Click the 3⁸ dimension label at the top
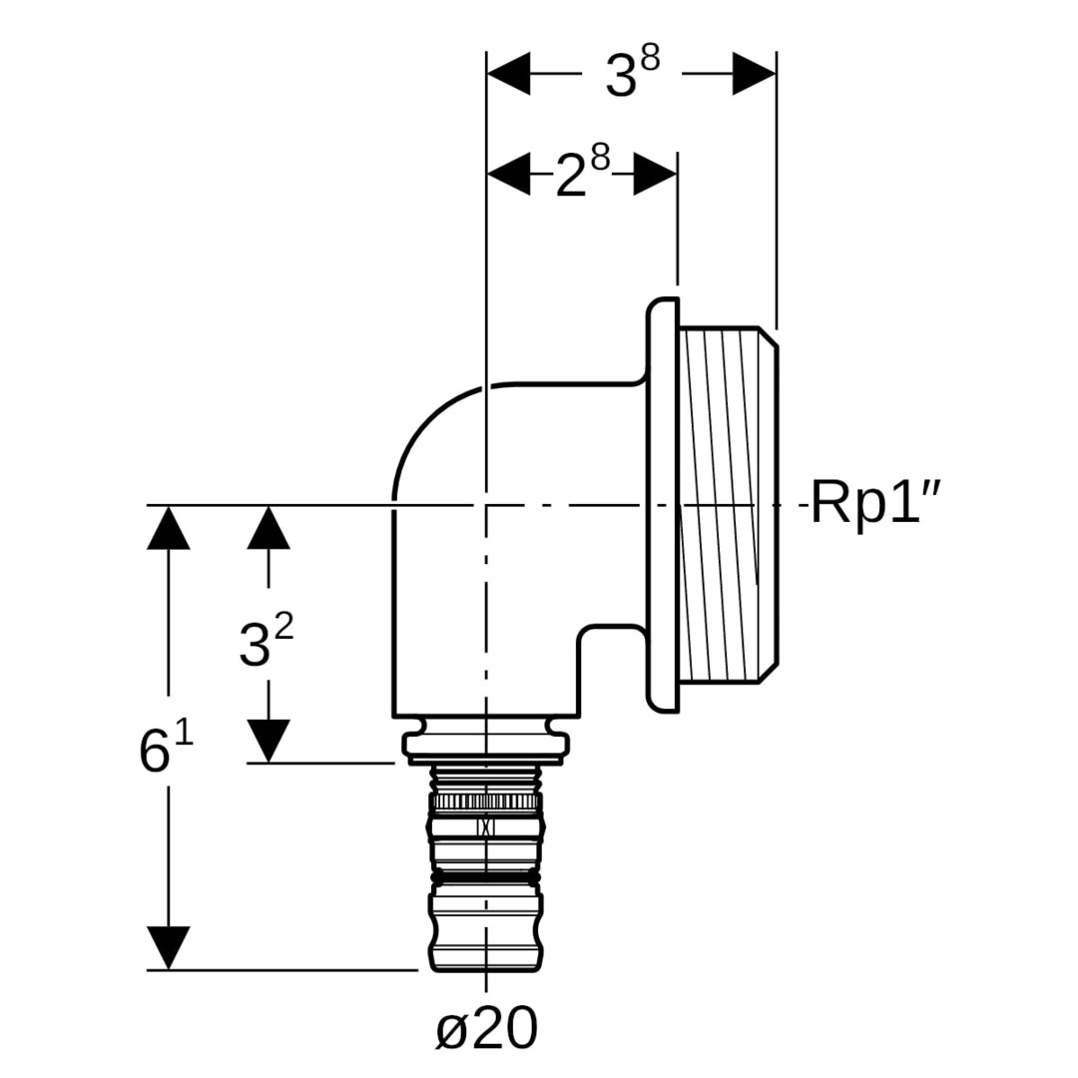pyautogui.click(x=632, y=74)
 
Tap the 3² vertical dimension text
pyautogui.click(x=266, y=641)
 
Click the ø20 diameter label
pyautogui.click(x=487, y=1028)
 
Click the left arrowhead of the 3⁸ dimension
pyautogui.click(x=509, y=74)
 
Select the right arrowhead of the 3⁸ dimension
pyautogui.click(x=754, y=74)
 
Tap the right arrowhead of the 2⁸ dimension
pyautogui.click(x=656, y=174)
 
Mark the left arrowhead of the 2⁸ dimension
pyautogui.click(x=509, y=174)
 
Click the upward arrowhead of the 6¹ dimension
pyautogui.click(x=168, y=528)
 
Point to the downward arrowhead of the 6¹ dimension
pyautogui.click(x=168, y=947)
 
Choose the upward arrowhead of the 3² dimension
pyautogui.click(x=268, y=528)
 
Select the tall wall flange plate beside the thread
pyautogui.click(x=663, y=504)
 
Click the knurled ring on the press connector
pyautogui.click(x=486, y=801)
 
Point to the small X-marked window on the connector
pyautogui.click(x=486, y=826)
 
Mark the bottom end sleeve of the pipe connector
pyautogui.click(x=486, y=933)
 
